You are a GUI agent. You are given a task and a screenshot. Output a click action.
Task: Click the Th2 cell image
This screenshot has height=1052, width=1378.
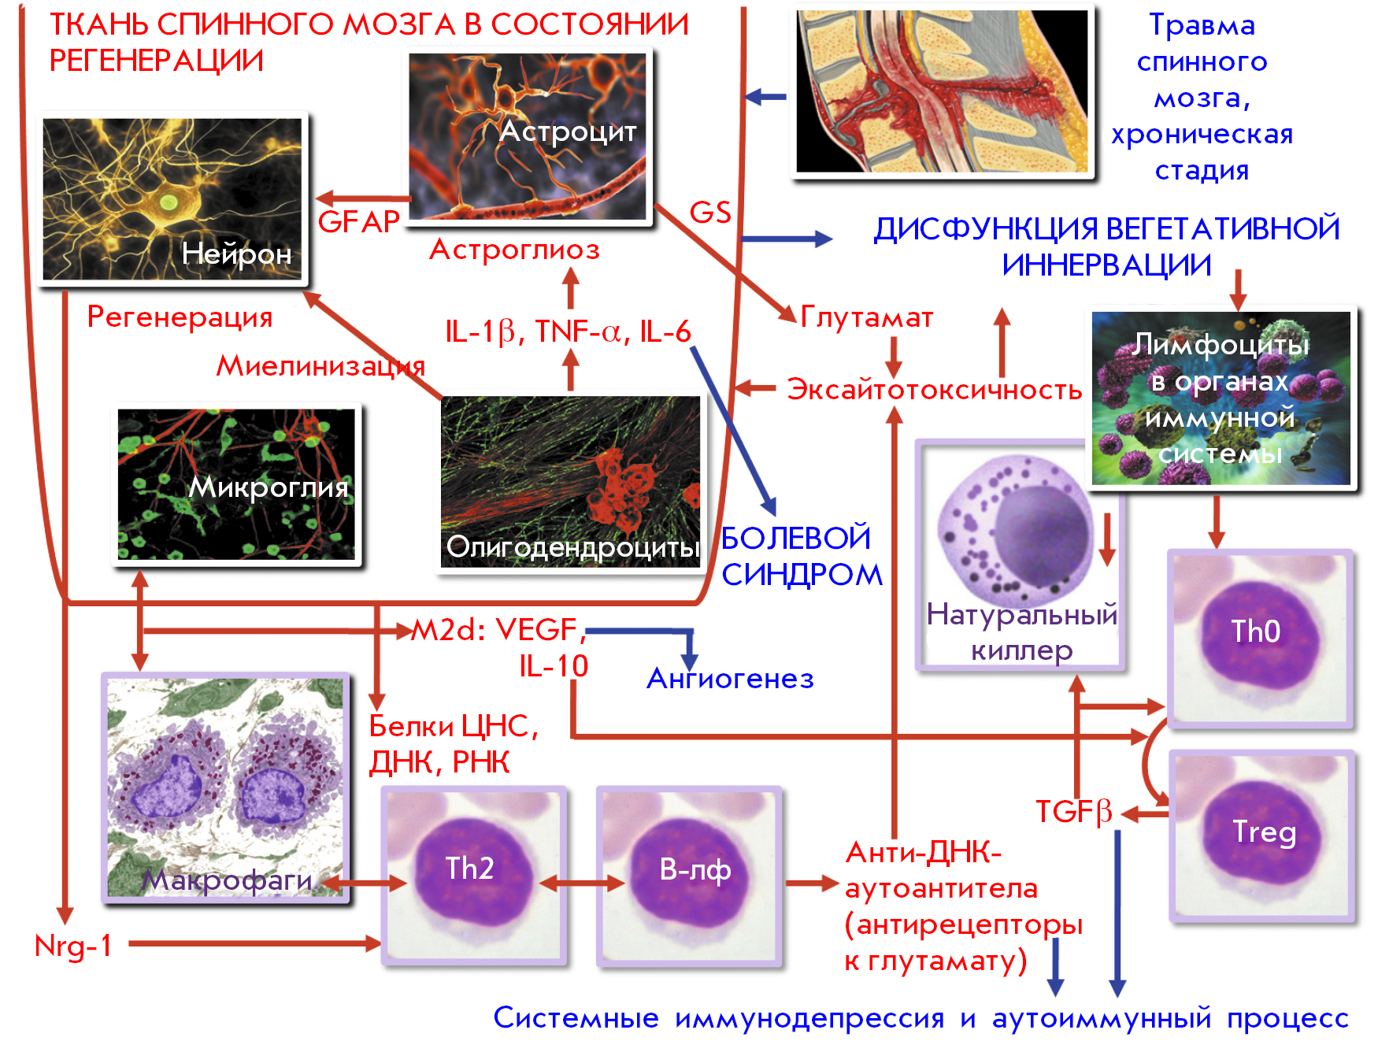click(474, 876)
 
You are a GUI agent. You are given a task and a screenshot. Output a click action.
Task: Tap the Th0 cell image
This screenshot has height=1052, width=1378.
click(1261, 639)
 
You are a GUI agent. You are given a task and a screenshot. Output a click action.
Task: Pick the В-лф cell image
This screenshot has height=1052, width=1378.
click(689, 876)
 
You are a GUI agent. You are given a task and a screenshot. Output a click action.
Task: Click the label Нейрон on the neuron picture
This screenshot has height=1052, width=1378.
click(236, 254)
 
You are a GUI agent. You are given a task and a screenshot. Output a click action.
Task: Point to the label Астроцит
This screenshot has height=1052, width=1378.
click(568, 131)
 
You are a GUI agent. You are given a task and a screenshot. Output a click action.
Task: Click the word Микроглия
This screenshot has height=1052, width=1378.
click(269, 487)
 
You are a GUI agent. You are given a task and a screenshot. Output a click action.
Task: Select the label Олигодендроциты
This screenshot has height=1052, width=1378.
click(572, 546)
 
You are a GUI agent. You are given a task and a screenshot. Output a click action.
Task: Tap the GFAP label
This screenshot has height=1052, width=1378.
click(359, 222)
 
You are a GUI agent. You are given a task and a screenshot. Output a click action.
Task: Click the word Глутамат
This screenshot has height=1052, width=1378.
click(867, 317)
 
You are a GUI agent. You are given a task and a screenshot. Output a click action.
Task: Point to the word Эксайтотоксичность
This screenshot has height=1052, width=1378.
click(935, 389)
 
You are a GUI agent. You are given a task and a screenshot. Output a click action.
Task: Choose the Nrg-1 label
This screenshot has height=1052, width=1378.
click(73, 945)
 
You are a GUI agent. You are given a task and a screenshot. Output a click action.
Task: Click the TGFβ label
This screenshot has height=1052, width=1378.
click(1074, 812)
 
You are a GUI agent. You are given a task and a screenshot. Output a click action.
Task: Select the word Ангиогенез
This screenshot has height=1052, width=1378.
click(730, 678)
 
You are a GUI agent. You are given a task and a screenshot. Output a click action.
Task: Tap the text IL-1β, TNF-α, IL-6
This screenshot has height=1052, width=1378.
click(568, 332)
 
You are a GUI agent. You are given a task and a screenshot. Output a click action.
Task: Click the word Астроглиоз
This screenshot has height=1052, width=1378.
click(514, 250)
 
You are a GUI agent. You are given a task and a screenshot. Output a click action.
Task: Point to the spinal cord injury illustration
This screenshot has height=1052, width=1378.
click(943, 91)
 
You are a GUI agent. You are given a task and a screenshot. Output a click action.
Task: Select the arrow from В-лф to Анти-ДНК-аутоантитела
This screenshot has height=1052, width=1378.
click(812, 883)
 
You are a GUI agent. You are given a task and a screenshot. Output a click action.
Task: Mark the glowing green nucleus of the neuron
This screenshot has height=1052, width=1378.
click(169, 202)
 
